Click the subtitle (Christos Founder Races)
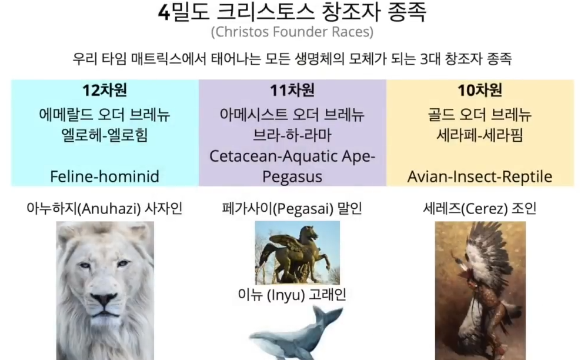pos(292,32)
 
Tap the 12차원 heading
pos(105,90)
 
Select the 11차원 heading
pos(292,90)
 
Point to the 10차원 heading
pos(480,90)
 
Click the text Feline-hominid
pos(105,176)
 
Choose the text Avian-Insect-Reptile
pos(480,176)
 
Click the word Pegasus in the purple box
pos(292,177)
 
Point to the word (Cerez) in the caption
pos(485,209)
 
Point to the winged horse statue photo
pos(297,253)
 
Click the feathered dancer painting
pos(480,291)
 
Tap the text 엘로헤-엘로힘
pos(105,135)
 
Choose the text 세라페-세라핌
pos(480,135)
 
